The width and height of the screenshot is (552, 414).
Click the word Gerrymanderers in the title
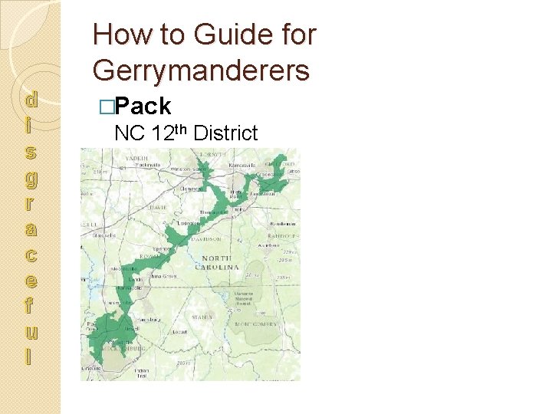(201, 70)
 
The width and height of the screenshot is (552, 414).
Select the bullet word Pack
(146, 106)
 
